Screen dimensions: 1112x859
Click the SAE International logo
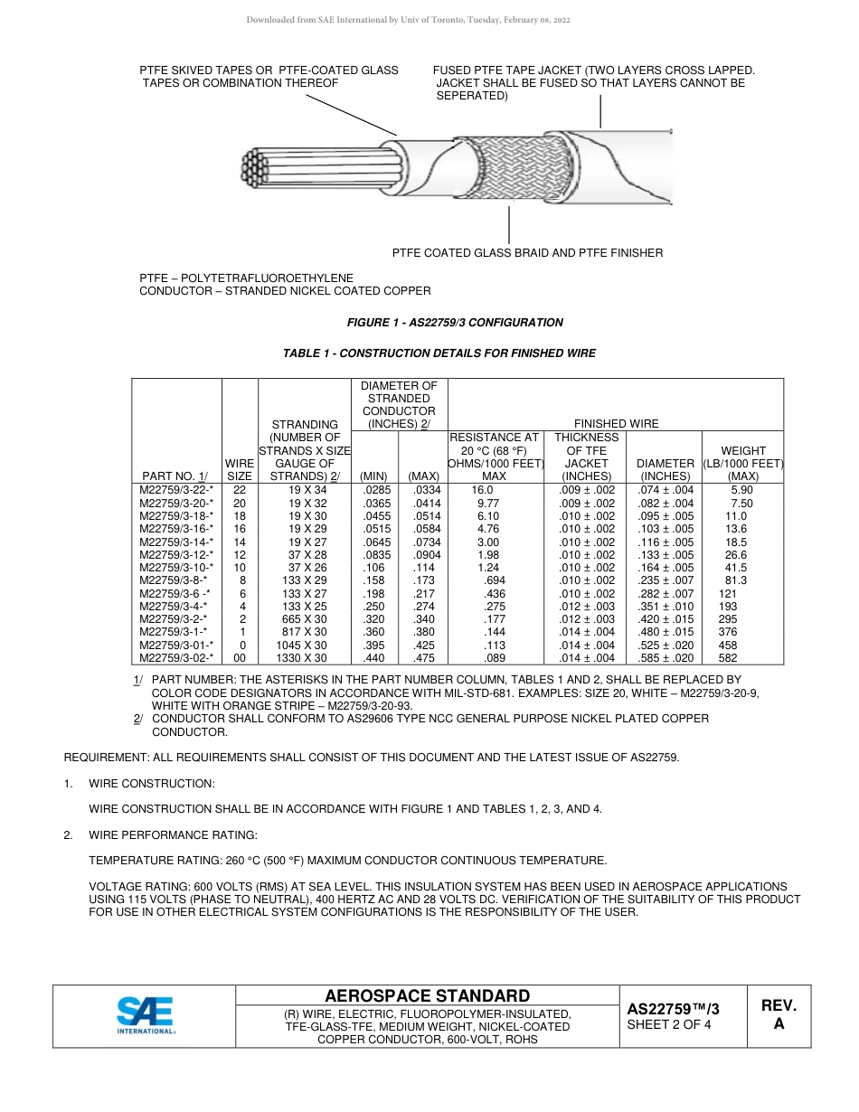coord(146,1015)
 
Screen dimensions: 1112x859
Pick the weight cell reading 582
coord(728,658)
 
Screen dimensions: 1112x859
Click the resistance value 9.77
coord(488,503)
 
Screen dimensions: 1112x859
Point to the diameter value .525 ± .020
coord(665,646)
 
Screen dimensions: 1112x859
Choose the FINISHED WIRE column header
coord(614,423)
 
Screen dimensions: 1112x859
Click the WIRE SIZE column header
coord(240,469)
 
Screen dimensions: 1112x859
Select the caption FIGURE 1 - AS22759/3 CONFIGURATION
coord(455,323)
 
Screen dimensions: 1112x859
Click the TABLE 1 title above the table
coord(439,353)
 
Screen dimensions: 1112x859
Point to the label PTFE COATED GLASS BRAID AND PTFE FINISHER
coord(527,253)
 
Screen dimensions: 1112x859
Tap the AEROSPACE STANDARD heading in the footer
coord(427,995)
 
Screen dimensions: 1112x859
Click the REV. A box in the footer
coord(779,1015)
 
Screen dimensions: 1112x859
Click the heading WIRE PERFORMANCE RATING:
coord(173,834)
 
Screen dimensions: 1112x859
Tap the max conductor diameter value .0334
coord(424,490)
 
